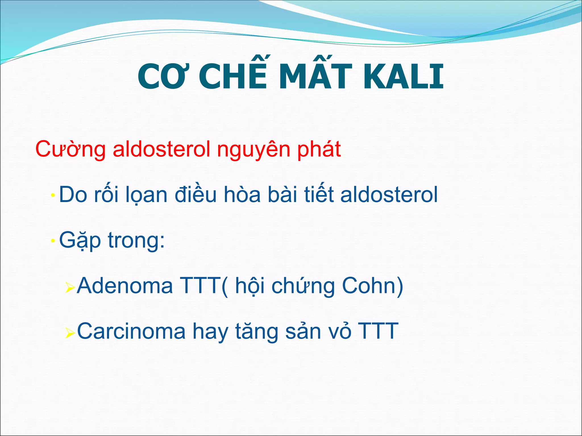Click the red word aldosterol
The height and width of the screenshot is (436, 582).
click(x=161, y=149)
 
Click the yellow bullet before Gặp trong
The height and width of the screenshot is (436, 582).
click(x=53, y=241)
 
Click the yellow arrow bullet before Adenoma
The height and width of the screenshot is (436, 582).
click(x=70, y=287)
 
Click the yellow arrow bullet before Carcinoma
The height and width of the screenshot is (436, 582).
click(x=70, y=332)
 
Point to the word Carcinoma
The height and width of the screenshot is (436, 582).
click(x=131, y=331)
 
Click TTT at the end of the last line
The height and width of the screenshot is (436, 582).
click(x=378, y=331)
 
